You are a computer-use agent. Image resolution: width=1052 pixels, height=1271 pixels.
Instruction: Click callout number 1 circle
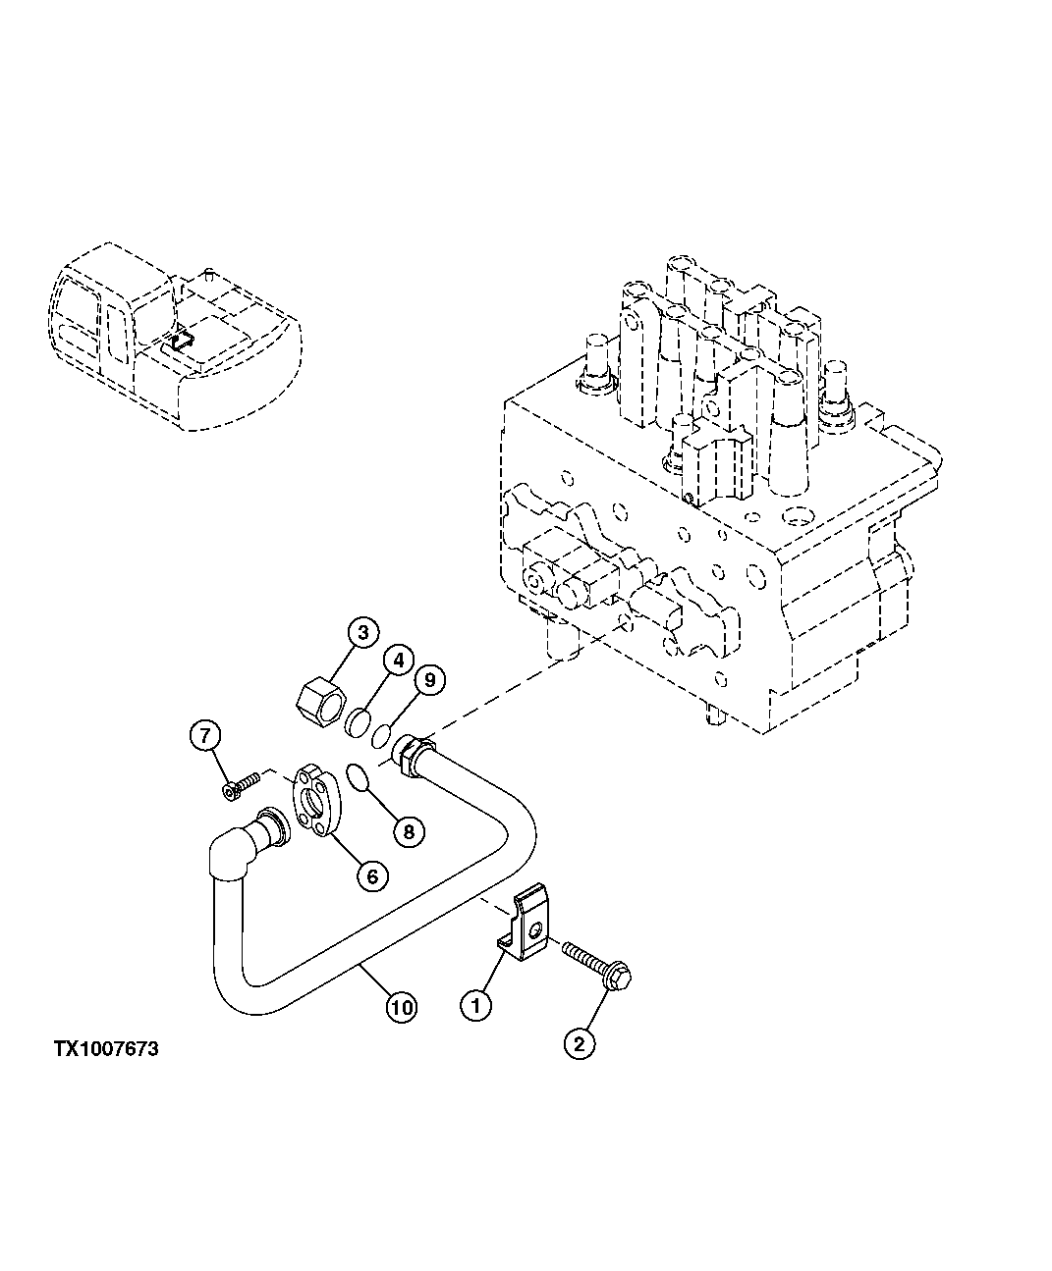[475, 1005]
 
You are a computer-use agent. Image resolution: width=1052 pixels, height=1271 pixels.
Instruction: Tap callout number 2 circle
[579, 1045]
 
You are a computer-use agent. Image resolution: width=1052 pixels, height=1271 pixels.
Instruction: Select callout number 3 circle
[362, 633]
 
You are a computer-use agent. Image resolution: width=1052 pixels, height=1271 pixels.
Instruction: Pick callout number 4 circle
[397, 661]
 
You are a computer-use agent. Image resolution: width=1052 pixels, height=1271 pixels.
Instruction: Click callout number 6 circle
[372, 874]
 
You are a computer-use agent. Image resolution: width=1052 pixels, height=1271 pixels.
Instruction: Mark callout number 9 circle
[430, 678]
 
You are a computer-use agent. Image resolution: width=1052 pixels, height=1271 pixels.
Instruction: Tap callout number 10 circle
[401, 1006]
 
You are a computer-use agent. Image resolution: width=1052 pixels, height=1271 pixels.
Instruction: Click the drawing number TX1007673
[106, 1049]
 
